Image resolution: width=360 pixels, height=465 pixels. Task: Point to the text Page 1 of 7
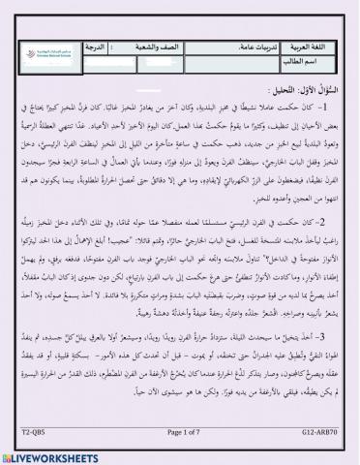tap(180, 437)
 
